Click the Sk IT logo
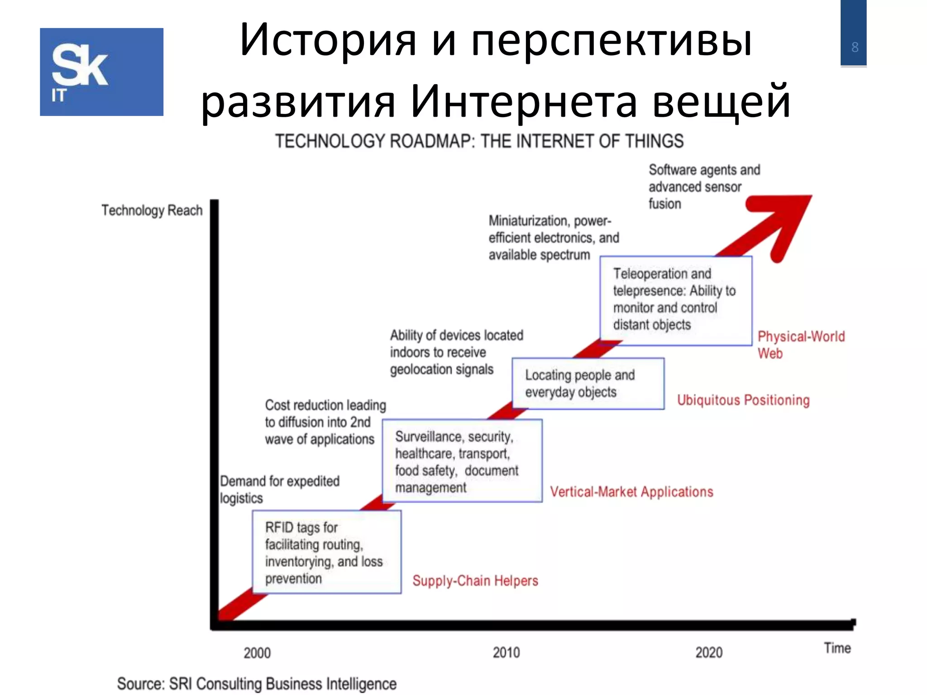click(x=101, y=72)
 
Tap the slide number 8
click(x=855, y=47)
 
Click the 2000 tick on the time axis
click(x=257, y=653)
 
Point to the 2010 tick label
click(x=506, y=652)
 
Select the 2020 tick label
click(x=709, y=652)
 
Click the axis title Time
click(x=837, y=648)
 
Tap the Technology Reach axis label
click(x=152, y=210)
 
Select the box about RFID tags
click(x=326, y=552)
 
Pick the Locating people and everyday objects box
click(x=588, y=384)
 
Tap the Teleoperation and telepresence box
click(x=675, y=300)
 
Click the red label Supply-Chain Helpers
click(x=475, y=581)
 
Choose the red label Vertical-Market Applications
click(x=631, y=492)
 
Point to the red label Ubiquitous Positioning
click(x=743, y=400)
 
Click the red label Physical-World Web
click(x=800, y=344)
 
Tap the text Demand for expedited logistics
click(x=279, y=489)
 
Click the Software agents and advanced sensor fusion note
click(x=704, y=186)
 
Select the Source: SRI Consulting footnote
click(x=257, y=683)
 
